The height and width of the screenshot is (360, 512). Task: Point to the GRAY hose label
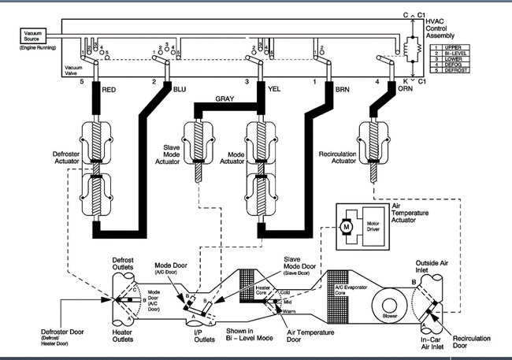(x=226, y=98)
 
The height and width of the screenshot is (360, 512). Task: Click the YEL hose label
(x=274, y=89)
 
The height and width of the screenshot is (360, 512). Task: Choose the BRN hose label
(x=342, y=89)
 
